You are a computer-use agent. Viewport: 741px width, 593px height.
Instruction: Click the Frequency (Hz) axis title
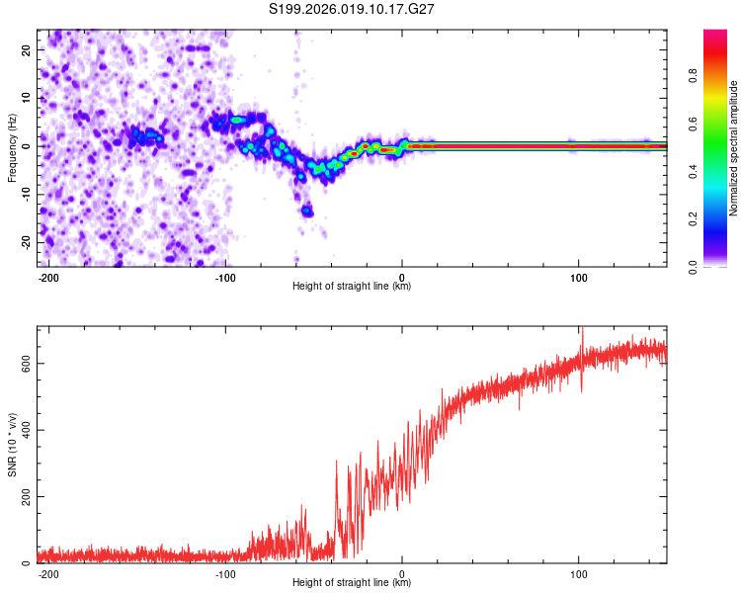tap(12, 147)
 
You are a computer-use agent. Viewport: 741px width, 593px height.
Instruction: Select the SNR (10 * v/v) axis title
tap(12, 445)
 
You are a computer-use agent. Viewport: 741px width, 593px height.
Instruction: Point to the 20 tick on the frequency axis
tap(27, 49)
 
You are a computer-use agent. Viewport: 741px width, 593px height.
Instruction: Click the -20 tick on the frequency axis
tap(25, 242)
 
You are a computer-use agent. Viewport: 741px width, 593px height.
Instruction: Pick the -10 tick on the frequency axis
tap(25, 194)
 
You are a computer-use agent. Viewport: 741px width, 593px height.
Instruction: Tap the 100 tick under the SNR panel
tap(578, 574)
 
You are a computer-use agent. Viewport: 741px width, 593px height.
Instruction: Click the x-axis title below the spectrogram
tap(352, 287)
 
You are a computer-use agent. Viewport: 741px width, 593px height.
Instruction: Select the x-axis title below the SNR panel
tap(352, 583)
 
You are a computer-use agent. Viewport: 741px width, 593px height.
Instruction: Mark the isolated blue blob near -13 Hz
tap(307, 210)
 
